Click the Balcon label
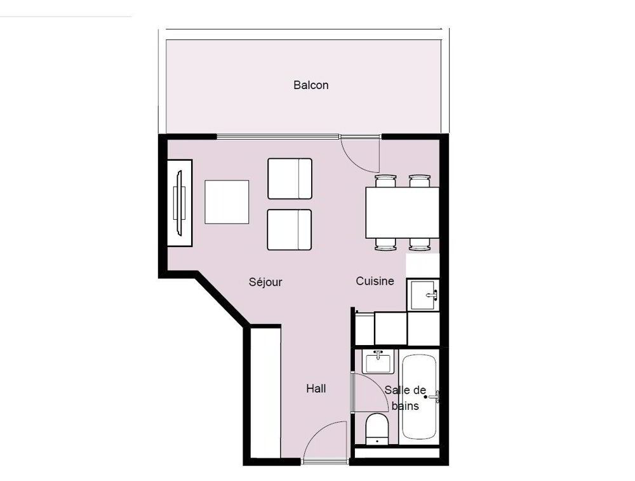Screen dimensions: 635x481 (311, 85)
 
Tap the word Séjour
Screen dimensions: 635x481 (265, 281)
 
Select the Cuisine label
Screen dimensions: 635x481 (375, 281)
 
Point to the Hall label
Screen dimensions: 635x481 (316, 389)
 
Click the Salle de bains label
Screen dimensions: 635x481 (405, 398)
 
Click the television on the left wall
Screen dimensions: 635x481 (180, 203)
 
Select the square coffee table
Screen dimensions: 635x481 (227, 202)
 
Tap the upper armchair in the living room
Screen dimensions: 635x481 (290, 179)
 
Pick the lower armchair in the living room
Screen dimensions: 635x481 (289, 230)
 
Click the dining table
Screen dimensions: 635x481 (402, 212)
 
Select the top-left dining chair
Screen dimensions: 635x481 (385, 180)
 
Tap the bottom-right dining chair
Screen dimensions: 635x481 (420, 244)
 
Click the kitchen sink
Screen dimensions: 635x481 (423, 295)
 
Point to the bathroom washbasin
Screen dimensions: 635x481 (378, 362)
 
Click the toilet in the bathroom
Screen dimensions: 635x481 (377, 429)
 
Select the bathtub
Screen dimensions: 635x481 (419, 396)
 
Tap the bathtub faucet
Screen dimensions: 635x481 (434, 396)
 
